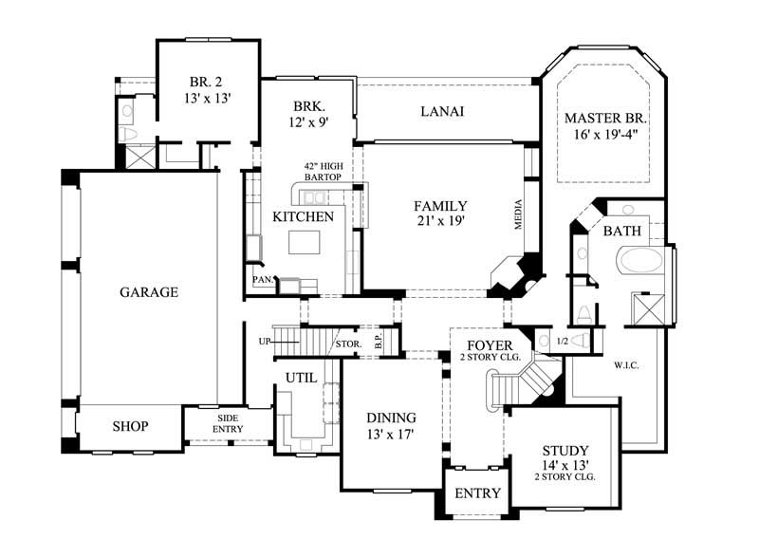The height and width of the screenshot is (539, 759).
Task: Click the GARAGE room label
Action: pyautogui.click(x=148, y=292)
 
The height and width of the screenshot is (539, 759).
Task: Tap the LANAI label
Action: pyautogui.click(x=441, y=111)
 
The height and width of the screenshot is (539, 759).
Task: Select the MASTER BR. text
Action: pyautogui.click(x=604, y=119)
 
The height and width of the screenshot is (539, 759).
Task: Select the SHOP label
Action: pyautogui.click(x=130, y=426)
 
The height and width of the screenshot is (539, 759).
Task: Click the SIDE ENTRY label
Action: pyautogui.click(x=229, y=424)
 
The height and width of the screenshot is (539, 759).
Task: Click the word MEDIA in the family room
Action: pyautogui.click(x=519, y=219)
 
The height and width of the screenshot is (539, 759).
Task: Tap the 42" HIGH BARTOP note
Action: pyautogui.click(x=323, y=171)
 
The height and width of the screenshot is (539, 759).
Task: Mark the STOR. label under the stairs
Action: pyautogui.click(x=346, y=344)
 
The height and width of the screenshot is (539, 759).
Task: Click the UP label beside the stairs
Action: pyautogui.click(x=265, y=341)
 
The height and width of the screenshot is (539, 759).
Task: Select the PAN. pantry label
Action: pyautogui.click(x=262, y=280)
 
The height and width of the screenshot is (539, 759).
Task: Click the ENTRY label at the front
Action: pyautogui.click(x=477, y=493)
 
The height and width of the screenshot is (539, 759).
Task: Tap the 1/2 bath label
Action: pyautogui.click(x=562, y=341)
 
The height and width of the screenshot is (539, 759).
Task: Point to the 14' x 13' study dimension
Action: pyautogui.click(x=565, y=464)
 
